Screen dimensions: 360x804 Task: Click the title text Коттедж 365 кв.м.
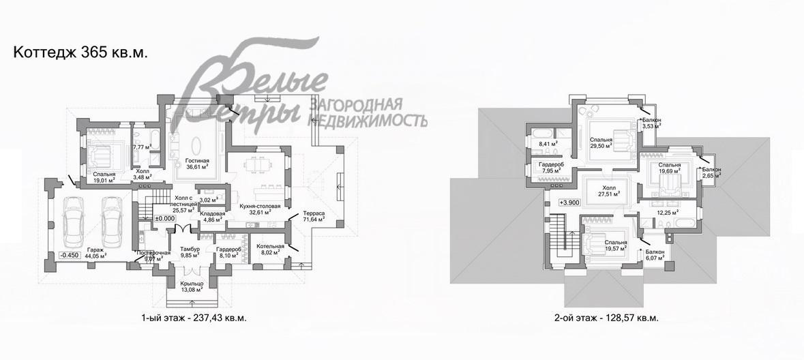[x=80, y=52]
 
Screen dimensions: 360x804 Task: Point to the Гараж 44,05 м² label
[x=96, y=254]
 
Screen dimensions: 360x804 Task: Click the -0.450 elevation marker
[x=70, y=255]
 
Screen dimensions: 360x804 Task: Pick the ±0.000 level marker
[x=165, y=218]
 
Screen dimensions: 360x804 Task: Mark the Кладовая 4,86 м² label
[x=212, y=217]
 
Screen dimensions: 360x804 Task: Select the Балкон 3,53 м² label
[x=651, y=123]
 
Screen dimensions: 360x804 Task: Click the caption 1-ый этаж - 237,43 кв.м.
[x=192, y=318]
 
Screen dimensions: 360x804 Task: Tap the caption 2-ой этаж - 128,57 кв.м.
[x=606, y=318]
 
